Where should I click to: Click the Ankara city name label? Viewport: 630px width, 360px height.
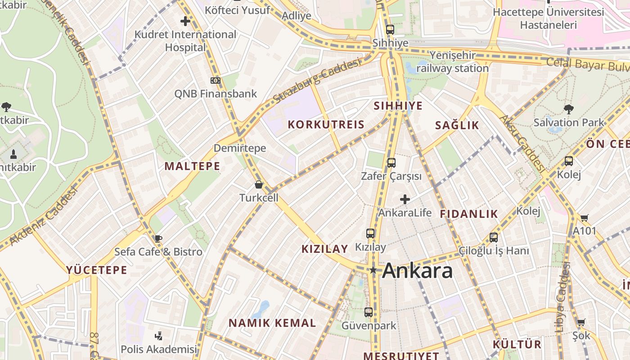coord(417,270)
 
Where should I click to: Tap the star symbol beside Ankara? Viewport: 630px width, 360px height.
coord(373,270)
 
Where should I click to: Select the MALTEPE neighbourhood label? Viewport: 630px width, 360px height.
coord(192,166)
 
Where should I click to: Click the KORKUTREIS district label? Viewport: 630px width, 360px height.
coord(326,125)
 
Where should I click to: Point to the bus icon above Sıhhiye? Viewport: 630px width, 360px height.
coord(390,30)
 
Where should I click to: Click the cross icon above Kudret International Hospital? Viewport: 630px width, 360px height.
coord(185,21)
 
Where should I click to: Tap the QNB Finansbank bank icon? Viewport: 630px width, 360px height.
coord(216,81)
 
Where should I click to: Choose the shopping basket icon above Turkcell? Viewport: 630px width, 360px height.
coord(259,184)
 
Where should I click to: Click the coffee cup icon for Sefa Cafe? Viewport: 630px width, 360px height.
coord(158,238)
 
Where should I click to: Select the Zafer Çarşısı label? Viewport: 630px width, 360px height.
coord(391,176)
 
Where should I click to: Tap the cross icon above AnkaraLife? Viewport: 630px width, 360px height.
coord(405,199)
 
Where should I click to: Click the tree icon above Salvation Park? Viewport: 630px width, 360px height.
coord(569,109)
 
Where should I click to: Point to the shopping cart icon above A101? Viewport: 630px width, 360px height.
coord(584,218)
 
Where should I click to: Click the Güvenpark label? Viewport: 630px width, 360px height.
coord(369,325)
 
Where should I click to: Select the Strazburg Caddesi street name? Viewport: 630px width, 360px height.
coord(317,80)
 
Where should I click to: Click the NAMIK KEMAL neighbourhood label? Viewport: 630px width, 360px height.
coord(272,323)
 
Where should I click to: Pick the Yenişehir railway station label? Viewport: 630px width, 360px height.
coord(452,62)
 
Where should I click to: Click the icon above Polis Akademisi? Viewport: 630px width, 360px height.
coord(158,336)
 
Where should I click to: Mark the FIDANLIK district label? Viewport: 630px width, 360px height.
coord(469,214)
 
